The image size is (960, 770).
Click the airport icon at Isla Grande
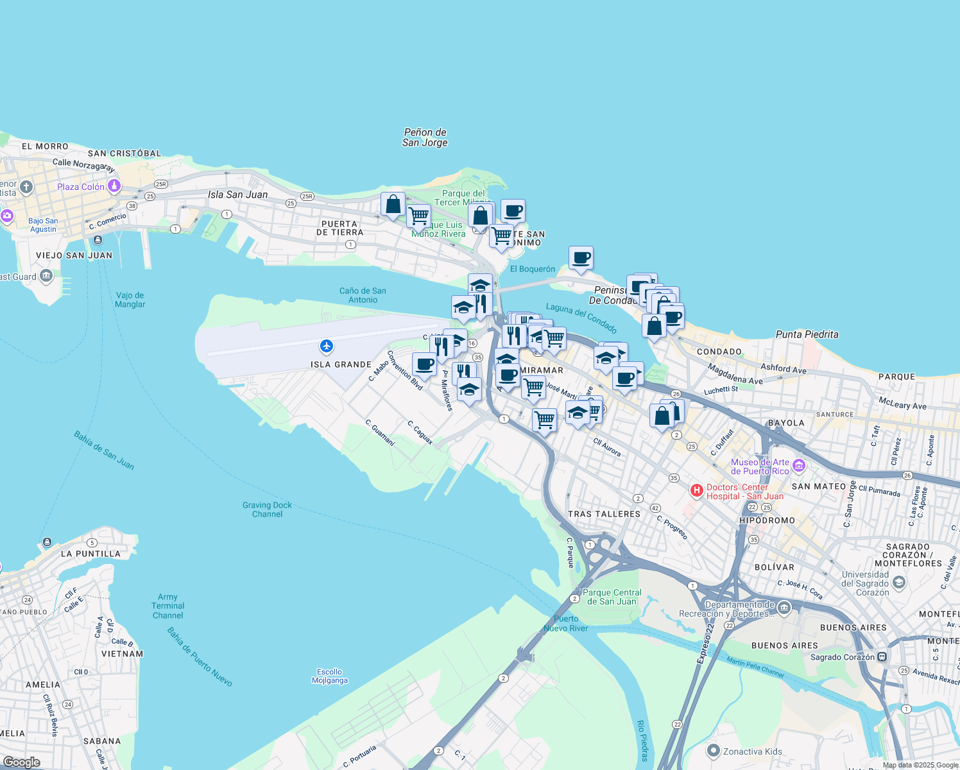[327, 346]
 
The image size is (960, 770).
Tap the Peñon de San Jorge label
[425, 137]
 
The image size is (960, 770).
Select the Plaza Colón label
[81, 187]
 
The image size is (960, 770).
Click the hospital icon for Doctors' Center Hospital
[696, 491]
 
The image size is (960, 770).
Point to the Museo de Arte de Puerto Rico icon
[799, 466]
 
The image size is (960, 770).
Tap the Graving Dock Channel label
[267, 509]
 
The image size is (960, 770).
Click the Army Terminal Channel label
[168, 606]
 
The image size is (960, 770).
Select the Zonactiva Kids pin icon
[713, 751]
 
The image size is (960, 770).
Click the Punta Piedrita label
[807, 334]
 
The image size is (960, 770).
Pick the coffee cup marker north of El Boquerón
[581, 258]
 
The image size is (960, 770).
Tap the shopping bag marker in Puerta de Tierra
[393, 205]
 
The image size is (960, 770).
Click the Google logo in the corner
[22, 762]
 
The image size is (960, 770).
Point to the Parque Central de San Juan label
[612, 597]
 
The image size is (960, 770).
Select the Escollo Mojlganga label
[329, 676]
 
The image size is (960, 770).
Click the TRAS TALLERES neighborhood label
[604, 514]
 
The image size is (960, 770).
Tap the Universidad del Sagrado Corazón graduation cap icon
[899, 582]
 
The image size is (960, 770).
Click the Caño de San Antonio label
[363, 295]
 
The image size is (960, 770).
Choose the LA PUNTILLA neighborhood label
[90, 554]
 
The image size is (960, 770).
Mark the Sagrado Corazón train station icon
[882, 657]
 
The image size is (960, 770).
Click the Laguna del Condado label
[581, 318]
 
